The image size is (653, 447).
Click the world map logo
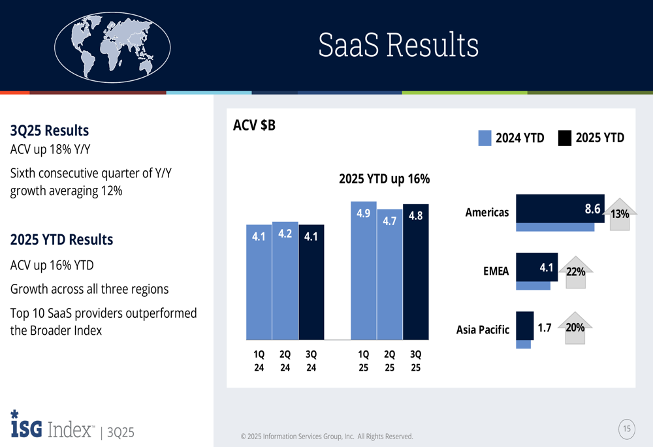(x=112, y=47)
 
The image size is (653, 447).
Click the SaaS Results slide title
(x=398, y=46)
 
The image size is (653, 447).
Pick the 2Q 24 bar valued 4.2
(x=285, y=281)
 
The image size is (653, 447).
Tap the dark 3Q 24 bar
(x=311, y=282)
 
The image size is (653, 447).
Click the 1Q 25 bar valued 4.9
(x=364, y=271)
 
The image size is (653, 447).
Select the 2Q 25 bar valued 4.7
(x=390, y=274)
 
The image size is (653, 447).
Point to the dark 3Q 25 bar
(x=416, y=272)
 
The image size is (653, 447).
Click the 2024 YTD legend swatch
(x=485, y=138)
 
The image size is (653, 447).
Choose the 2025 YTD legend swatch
(x=565, y=138)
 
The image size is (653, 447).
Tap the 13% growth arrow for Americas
(x=618, y=213)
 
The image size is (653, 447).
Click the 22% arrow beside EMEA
(x=575, y=271)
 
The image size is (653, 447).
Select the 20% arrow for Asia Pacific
(x=575, y=328)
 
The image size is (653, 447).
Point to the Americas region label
(x=486, y=212)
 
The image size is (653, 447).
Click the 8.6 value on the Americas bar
(x=592, y=209)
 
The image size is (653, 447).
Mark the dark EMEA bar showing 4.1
(x=537, y=268)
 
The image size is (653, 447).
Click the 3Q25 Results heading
(x=50, y=131)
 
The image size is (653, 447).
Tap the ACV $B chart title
(x=254, y=125)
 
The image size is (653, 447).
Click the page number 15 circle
(x=627, y=429)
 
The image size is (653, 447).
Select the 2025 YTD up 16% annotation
(x=384, y=179)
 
